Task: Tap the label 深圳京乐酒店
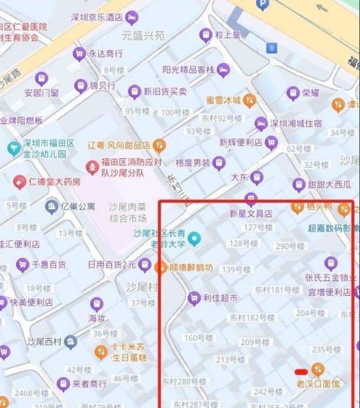pos(97,17)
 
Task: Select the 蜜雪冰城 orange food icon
pos(249,100)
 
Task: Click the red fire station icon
pos(91,168)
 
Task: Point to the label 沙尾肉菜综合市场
pos(127,212)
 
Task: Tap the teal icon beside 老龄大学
pos(194,238)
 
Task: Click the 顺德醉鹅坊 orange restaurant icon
pos(161,268)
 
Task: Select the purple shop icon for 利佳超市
pos(194,298)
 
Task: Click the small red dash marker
pos(301,371)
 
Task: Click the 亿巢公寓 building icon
pos(52,205)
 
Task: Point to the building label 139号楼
pos(236,269)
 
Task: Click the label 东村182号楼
pos(252,317)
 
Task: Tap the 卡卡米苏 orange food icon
pos(101,351)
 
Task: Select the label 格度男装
pos(192,162)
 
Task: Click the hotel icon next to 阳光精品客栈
pos(223,70)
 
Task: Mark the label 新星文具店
pos(251,214)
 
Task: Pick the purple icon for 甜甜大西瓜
pos(298,185)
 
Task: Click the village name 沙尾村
pos(142,286)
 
